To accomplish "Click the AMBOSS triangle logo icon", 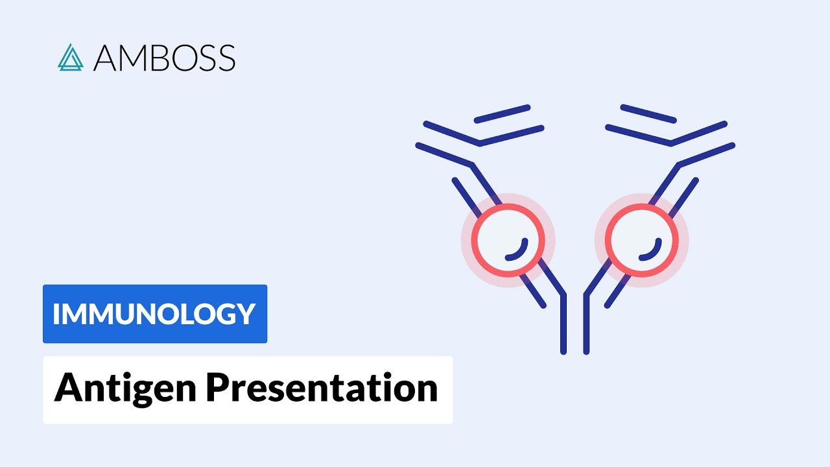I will coord(70,58).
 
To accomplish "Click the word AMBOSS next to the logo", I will coord(164,58).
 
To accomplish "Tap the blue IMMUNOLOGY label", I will coord(154,314).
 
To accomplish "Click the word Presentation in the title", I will coord(322,388).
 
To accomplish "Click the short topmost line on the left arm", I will coord(503,114).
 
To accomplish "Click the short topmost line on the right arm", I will coord(648,114).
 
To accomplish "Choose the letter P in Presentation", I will coord(217,388).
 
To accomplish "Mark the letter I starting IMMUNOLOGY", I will coord(56,314).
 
